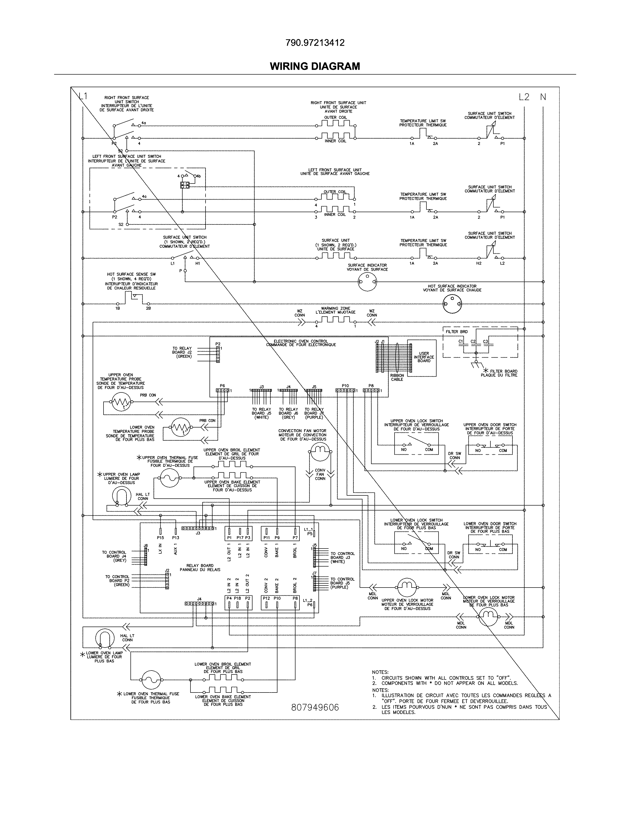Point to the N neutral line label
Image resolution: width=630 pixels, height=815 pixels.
[543, 97]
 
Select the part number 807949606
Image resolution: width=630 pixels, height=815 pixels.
[315, 708]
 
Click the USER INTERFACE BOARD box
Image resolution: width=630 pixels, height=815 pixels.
[422, 358]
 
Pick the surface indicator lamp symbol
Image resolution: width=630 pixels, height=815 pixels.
[367, 282]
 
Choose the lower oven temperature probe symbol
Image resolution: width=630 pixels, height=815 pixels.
[181, 427]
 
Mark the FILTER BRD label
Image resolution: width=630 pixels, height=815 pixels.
[457, 332]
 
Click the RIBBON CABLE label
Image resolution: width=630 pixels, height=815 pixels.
[397, 377]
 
